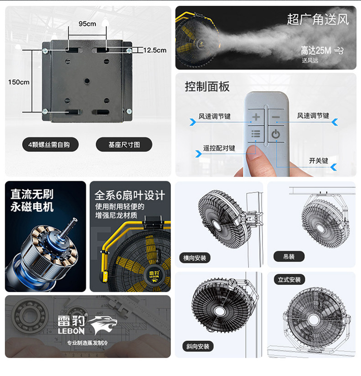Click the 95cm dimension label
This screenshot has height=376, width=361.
[x=88, y=24]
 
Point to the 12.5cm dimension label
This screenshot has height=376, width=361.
[x=155, y=50]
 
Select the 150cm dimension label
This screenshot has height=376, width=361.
[x=19, y=82]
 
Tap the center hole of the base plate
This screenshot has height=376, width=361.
[x=87, y=81]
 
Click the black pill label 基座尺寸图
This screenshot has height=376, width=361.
[x=124, y=145]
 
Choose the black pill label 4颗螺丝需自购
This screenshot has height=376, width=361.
[x=50, y=145]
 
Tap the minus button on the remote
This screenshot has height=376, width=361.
[x=276, y=117]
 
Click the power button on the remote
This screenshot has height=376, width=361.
[x=276, y=134]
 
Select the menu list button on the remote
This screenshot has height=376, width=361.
[x=256, y=134]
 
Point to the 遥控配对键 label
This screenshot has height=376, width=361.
[x=219, y=148]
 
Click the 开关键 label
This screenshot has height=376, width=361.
[x=318, y=161]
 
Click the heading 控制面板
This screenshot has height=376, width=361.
[x=207, y=86]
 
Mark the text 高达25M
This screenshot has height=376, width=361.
[x=316, y=51]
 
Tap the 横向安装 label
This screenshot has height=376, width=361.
[x=194, y=258]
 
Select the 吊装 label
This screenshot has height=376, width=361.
[x=289, y=256]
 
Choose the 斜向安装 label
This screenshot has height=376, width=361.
[x=198, y=346]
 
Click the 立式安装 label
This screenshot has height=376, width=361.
[x=289, y=280]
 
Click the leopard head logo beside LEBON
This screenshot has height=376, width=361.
[x=103, y=324]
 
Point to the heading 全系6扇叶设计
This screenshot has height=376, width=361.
[x=129, y=195]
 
